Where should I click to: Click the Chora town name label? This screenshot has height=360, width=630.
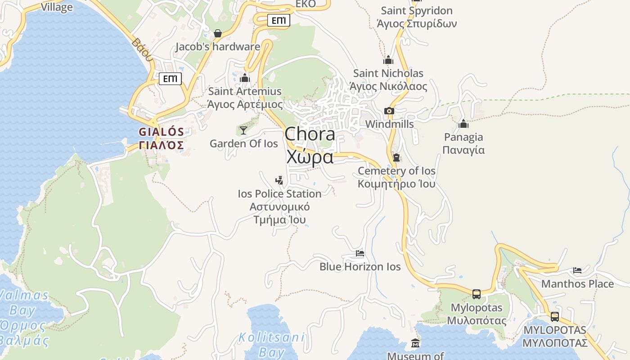coord(310,134)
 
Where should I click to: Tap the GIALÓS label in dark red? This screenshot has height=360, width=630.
coord(161,132)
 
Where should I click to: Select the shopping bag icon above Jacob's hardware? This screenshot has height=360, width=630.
coord(218,33)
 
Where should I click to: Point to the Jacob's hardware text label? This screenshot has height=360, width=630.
coord(218,47)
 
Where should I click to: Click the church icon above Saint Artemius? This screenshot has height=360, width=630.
coord(245,78)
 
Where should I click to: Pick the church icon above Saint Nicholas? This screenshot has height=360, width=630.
coord(388,60)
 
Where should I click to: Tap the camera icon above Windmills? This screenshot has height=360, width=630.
coord(389,111)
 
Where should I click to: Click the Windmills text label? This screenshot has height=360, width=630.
coord(389,124)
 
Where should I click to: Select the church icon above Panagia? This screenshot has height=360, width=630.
coord(463,124)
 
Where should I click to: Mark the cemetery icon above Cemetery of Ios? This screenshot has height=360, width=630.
coord(396,157)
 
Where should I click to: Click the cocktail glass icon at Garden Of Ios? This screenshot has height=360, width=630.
coord(243,130)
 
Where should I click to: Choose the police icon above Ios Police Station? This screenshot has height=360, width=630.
coord(279,180)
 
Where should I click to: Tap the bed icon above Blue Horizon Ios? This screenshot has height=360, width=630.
coord(360,253)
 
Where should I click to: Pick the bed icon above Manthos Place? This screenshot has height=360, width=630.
coord(577,270)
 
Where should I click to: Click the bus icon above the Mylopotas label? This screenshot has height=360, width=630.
coord(477,294)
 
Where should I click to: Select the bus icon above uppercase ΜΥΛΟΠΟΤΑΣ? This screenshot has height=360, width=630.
coord(555,316)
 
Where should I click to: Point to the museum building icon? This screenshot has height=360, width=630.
coord(415,343)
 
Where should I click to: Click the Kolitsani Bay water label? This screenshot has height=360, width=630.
coord(271,344)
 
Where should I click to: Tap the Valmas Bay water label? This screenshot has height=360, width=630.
coord(23,302)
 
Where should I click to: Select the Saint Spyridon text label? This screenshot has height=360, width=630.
coord(417,10)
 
